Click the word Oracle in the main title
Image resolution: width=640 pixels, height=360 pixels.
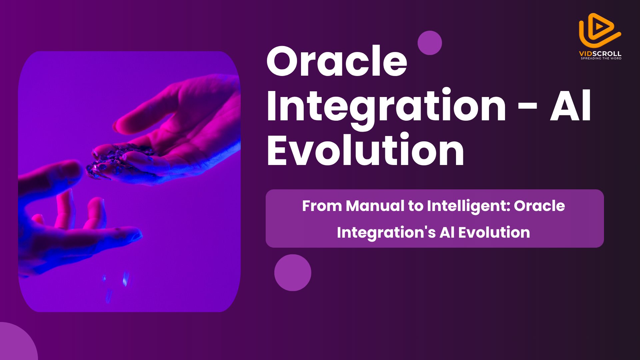coord(337,62)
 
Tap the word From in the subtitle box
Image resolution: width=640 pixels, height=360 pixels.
coord(322,206)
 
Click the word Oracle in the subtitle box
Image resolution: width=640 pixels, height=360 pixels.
coord(539,206)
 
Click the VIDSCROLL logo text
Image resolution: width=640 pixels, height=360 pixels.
coord(600,53)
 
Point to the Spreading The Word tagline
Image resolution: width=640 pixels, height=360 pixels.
coord(601,58)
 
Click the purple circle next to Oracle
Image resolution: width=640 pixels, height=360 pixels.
coord(430,43)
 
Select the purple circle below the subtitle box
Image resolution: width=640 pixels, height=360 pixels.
coord(293,273)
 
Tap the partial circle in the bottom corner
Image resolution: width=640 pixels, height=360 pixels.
coord(15,343)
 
